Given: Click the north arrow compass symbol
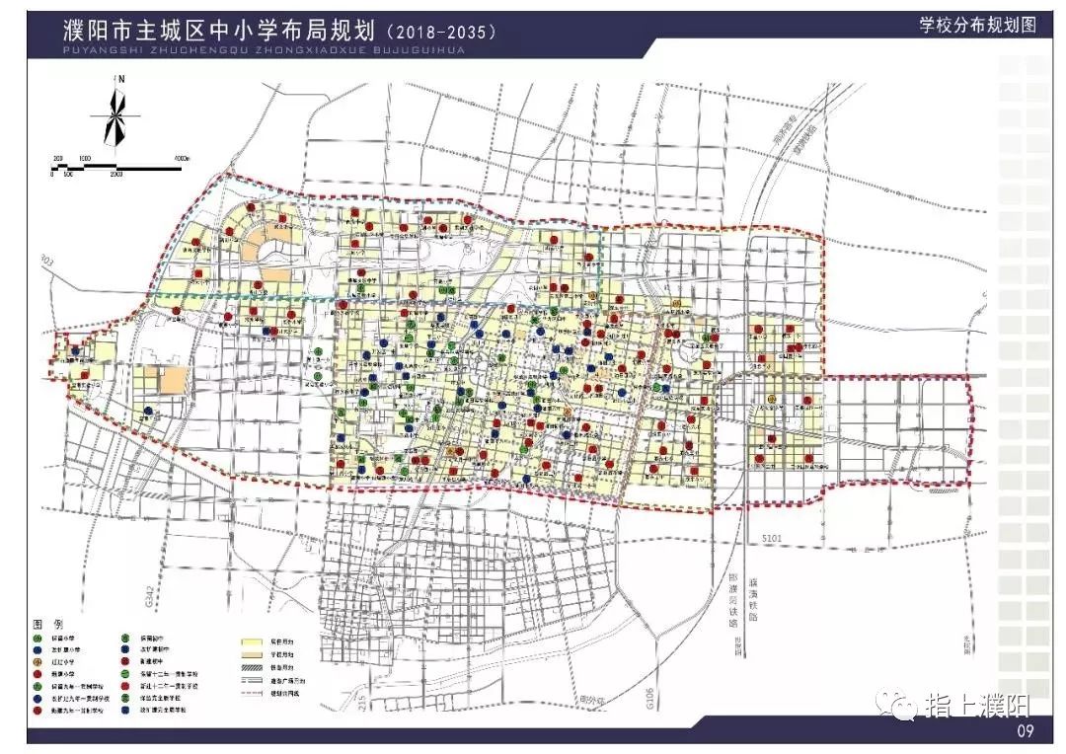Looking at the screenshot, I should click(x=115, y=115).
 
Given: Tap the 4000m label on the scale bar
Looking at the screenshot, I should click(x=181, y=158).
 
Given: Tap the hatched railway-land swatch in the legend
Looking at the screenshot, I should click(x=256, y=667).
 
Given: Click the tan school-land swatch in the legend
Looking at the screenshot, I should click(x=256, y=653).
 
